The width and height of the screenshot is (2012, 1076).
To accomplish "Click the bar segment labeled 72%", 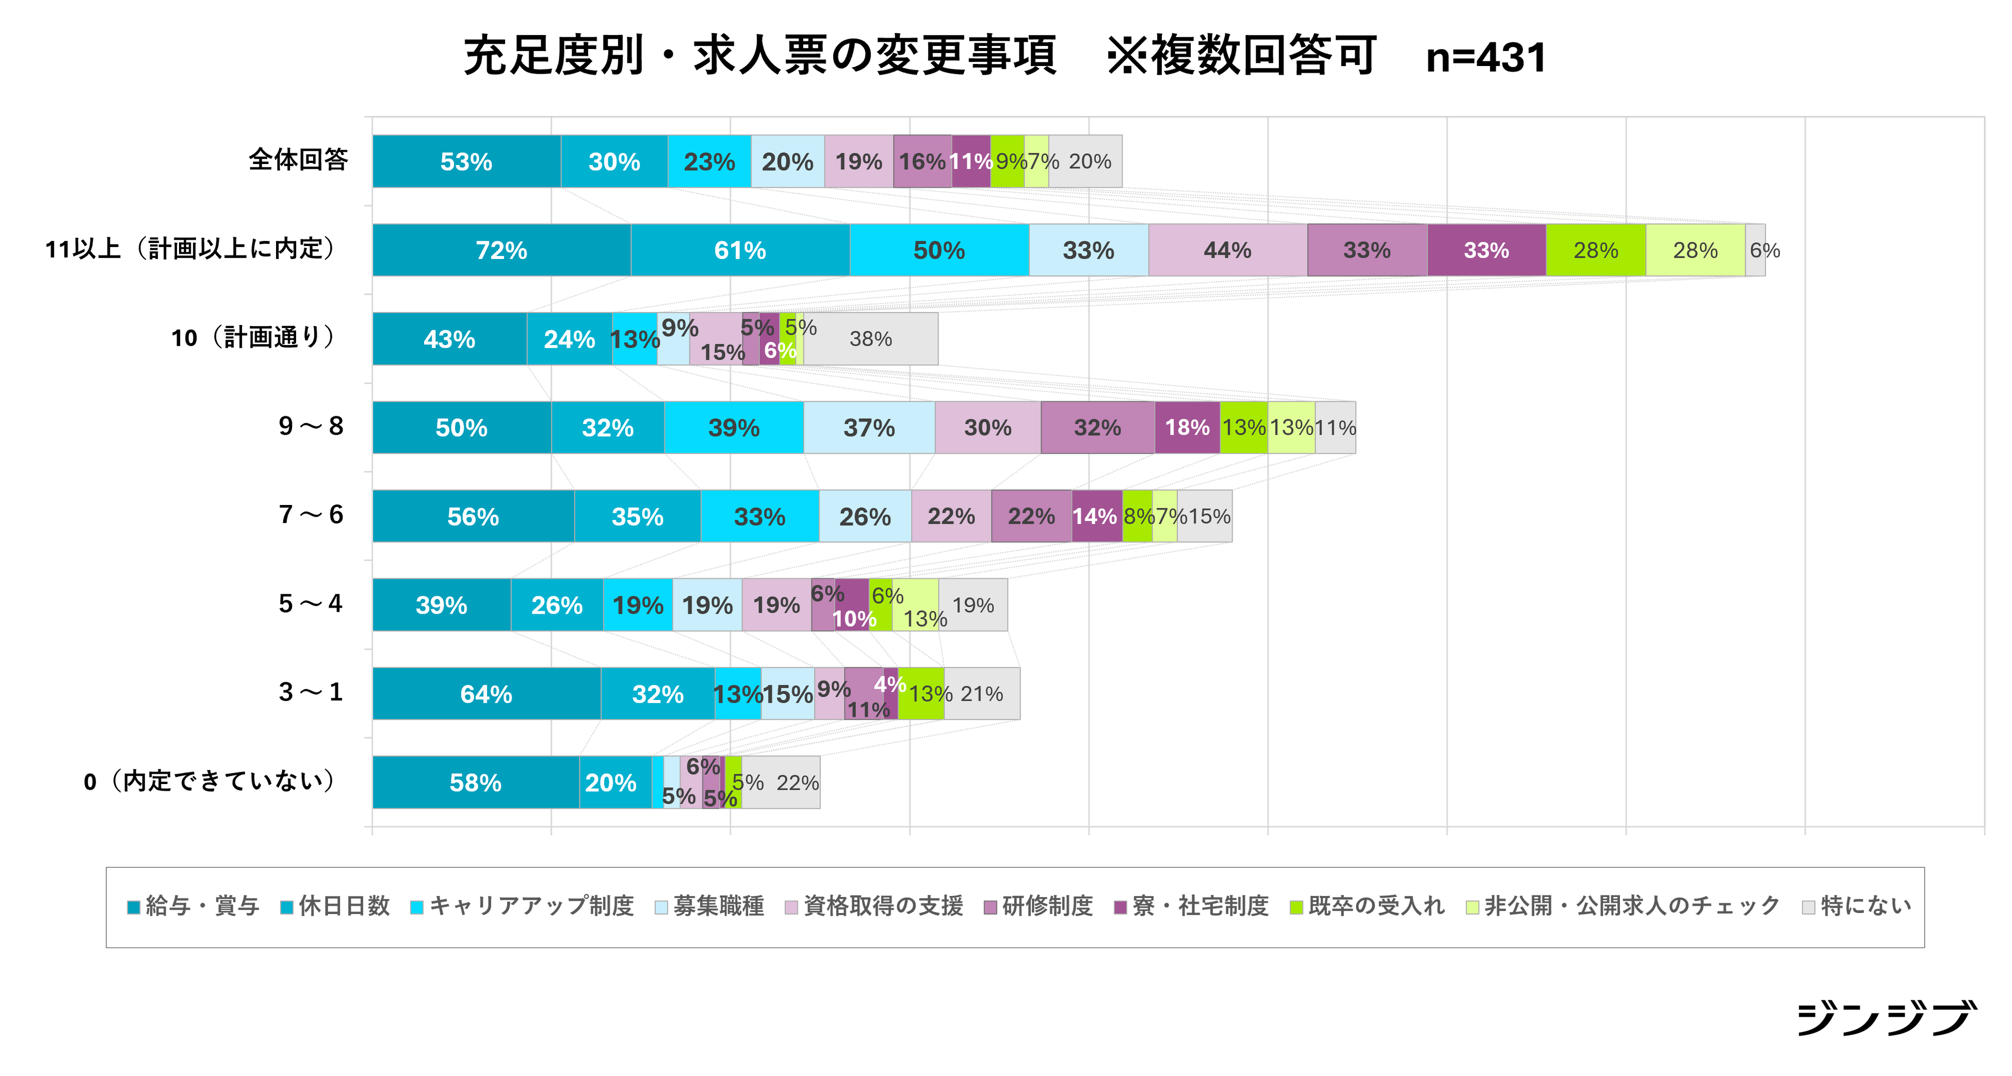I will pyautogui.click(x=501, y=250).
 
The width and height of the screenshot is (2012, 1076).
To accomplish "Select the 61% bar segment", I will pyautogui.click(x=740, y=250).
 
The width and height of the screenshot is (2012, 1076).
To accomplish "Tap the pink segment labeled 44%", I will pyautogui.click(x=1227, y=250).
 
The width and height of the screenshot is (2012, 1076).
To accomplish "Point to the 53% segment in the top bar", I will pyautogui.click(x=466, y=161).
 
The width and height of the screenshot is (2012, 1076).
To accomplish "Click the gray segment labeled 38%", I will pyautogui.click(x=871, y=339).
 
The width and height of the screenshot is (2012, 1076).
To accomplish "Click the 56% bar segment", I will pyautogui.click(x=473, y=516).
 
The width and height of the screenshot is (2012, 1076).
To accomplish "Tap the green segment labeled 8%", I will pyautogui.click(x=1137, y=516).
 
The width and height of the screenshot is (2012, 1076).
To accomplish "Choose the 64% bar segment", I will pyautogui.click(x=486, y=693).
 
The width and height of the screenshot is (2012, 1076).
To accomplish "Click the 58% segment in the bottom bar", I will pyautogui.click(x=475, y=782).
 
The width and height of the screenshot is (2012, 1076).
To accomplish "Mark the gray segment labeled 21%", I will pyautogui.click(x=981, y=693).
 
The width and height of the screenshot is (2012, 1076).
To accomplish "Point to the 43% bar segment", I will pyautogui.click(x=449, y=339).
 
